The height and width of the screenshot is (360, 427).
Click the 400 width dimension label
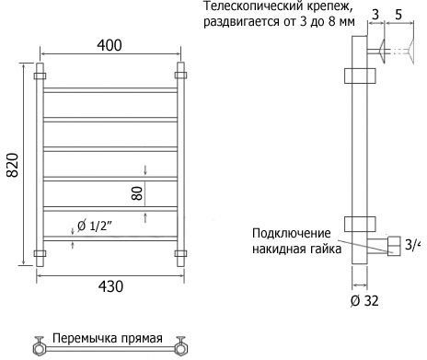pyautogui.click(x=110, y=45)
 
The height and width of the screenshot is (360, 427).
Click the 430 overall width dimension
pyautogui.click(x=110, y=286)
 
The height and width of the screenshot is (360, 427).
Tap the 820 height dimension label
pyautogui.click(x=13, y=165)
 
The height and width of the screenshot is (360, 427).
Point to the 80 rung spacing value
pyautogui.click(x=137, y=193)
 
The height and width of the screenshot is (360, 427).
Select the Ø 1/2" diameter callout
pyautogui.click(x=94, y=226)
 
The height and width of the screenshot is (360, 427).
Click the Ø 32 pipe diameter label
pyautogui.click(x=364, y=301)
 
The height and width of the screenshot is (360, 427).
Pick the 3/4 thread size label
pyautogui.click(x=412, y=245)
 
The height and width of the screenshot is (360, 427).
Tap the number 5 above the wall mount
pyautogui.click(x=398, y=15)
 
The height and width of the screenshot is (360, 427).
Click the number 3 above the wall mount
pyautogui.click(x=375, y=15)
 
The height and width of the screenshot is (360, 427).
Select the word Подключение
pyautogui.click(x=292, y=234)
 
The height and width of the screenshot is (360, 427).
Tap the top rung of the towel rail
pyautogui.click(x=110, y=90)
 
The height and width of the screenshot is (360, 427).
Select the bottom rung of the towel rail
pyautogui.click(x=110, y=238)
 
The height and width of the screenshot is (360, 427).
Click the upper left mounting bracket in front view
pyautogui.click(x=40, y=75)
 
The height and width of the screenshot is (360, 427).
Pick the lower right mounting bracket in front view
pyautogui.click(x=180, y=253)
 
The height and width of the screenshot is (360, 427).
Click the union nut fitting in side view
pyautogui.click(x=394, y=246)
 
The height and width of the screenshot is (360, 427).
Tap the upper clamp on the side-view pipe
pyautogui.click(x=360, y=75)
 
